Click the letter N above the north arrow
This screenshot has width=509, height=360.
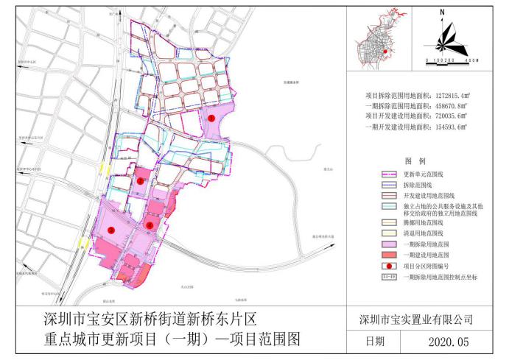440,13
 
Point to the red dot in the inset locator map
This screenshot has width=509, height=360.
385,52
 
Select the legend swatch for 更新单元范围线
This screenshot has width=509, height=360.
389,175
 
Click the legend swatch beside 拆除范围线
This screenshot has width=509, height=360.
389,186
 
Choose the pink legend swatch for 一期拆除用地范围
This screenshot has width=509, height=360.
389,242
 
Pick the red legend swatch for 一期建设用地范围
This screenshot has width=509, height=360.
389,253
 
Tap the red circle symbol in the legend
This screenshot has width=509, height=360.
389,264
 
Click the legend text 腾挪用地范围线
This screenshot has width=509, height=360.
426,220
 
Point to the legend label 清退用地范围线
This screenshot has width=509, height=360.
426,231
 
